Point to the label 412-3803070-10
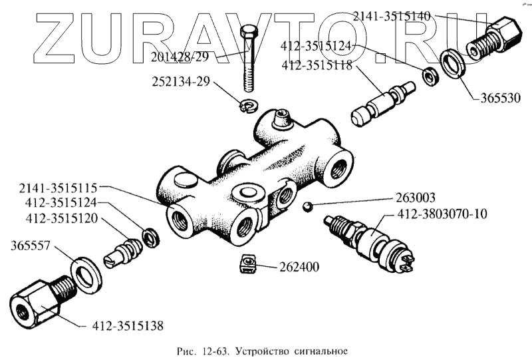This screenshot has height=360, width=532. [x=442, y=214]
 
